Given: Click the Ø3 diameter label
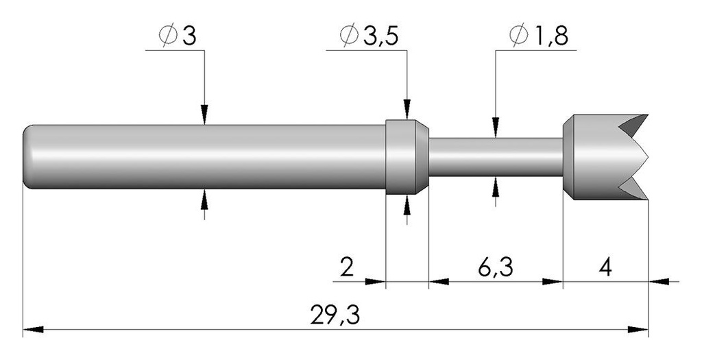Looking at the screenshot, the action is [x=178, y=36].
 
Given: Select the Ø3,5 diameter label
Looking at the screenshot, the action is [x=368, y=36].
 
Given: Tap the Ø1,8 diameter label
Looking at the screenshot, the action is [x=539, y=36].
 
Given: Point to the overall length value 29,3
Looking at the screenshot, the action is [x=335, y=315].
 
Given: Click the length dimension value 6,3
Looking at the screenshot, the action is [x=495, y=268].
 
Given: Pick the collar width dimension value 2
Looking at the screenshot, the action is [x=346, y=268].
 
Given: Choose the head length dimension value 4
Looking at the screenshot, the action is [x=605, y=268].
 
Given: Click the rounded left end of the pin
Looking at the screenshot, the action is [x=27, y=157].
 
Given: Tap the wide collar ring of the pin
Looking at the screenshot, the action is [x=407, y=157].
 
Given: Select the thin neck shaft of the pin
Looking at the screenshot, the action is [x=496, y=157].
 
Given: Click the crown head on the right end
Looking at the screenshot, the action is [x=605, y=157].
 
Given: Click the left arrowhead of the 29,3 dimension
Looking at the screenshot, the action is [x=33, y=330].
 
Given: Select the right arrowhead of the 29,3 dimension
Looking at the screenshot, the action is [x=638, y=330].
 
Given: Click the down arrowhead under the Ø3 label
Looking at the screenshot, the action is [x=204, y=115].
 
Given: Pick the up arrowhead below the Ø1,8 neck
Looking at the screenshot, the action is [x=495, y=187].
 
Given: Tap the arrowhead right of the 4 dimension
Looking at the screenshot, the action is [x=659, y=282].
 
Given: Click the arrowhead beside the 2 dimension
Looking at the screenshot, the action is [x=375, y=282].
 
